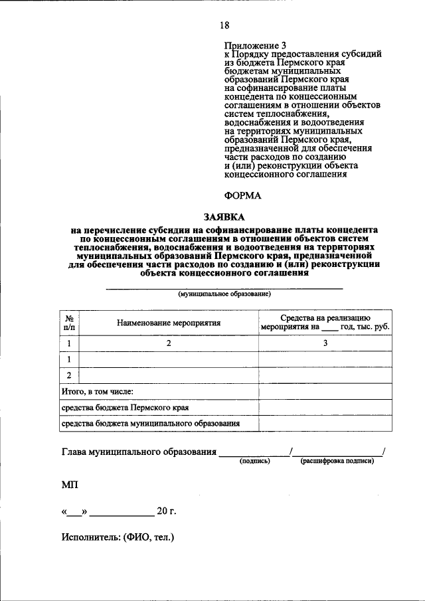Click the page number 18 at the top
[224, 25]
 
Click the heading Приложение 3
[253, 45]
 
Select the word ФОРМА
[244, 195]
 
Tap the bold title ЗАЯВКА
[224, 216]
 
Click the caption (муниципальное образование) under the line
[224, 294]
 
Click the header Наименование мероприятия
[169, 323]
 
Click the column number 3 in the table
[325, 343]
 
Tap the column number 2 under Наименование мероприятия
[169, 343]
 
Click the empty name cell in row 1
[169, 359]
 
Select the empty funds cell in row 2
[325, 375]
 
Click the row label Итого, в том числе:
[98, 392]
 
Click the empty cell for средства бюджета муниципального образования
[325, 423]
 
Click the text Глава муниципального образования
[139, 453]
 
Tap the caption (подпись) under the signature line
[254, 462]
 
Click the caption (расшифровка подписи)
[337, 462]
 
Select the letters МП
[70, 485]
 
